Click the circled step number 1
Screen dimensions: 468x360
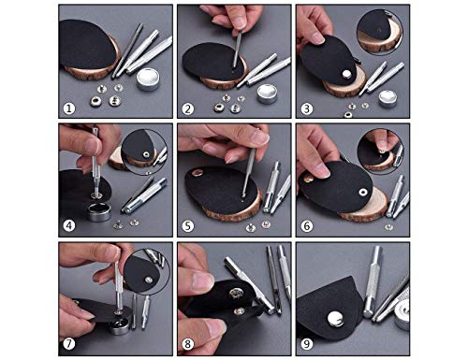pyautogui.click(x=69, y=108)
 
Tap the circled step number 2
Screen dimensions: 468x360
pyautogui.click(x=187, y=108)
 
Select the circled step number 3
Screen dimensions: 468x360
pyautogui.click(x=306, y=108)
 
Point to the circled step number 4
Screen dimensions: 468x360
pyautogui.click(x=69, y=225)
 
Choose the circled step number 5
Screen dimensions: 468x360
pyautogui.click(x=187, y=225)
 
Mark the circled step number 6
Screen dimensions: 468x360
pyautogui.click(x=306, y=225)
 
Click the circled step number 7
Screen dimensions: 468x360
pyautogui.click(x=69, y=344)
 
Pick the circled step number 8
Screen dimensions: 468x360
pyautogui.click(x=187, y=344)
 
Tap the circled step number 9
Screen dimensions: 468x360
pyautogui.click(x=306, y=344)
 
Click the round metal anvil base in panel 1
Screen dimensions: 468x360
pyautogui.click(x=148, y=79)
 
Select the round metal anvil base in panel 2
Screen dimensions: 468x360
pyautogui.click(x=267, y=94)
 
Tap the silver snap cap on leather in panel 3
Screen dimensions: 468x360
pyautogui.click(x=346, y=74)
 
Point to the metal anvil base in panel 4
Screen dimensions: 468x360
pyautogui.click(x=99, y=212)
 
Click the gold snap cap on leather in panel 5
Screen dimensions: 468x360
pyautogui.click(x=197, y=172)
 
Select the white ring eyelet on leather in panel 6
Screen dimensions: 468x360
pyautogui.click(x=362, y=192)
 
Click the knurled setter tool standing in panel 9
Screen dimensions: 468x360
pyautogui.click(x=373, y=281)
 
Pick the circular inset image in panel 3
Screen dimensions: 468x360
pyautogui.click(x=379, y=32)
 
